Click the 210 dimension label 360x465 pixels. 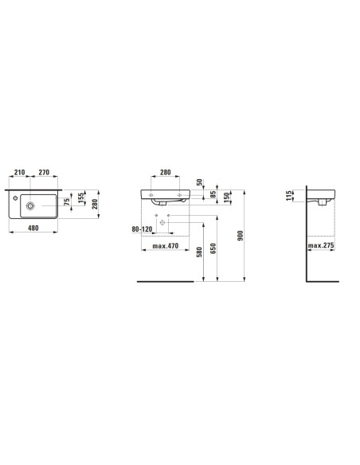tap(20, 172)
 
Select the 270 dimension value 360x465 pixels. tap(44, 172)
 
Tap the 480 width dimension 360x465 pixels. tap(33, 228)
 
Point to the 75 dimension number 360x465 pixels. tap(68, 201)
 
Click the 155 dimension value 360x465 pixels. tap(81, 198)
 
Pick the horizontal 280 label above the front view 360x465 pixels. tap(166, 172)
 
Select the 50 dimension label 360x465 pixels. tap(199, 182)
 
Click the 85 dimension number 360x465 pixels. tap(213, 194)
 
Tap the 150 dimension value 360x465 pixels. tap(226, 197)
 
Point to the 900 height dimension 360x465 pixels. tap(241, 236)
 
